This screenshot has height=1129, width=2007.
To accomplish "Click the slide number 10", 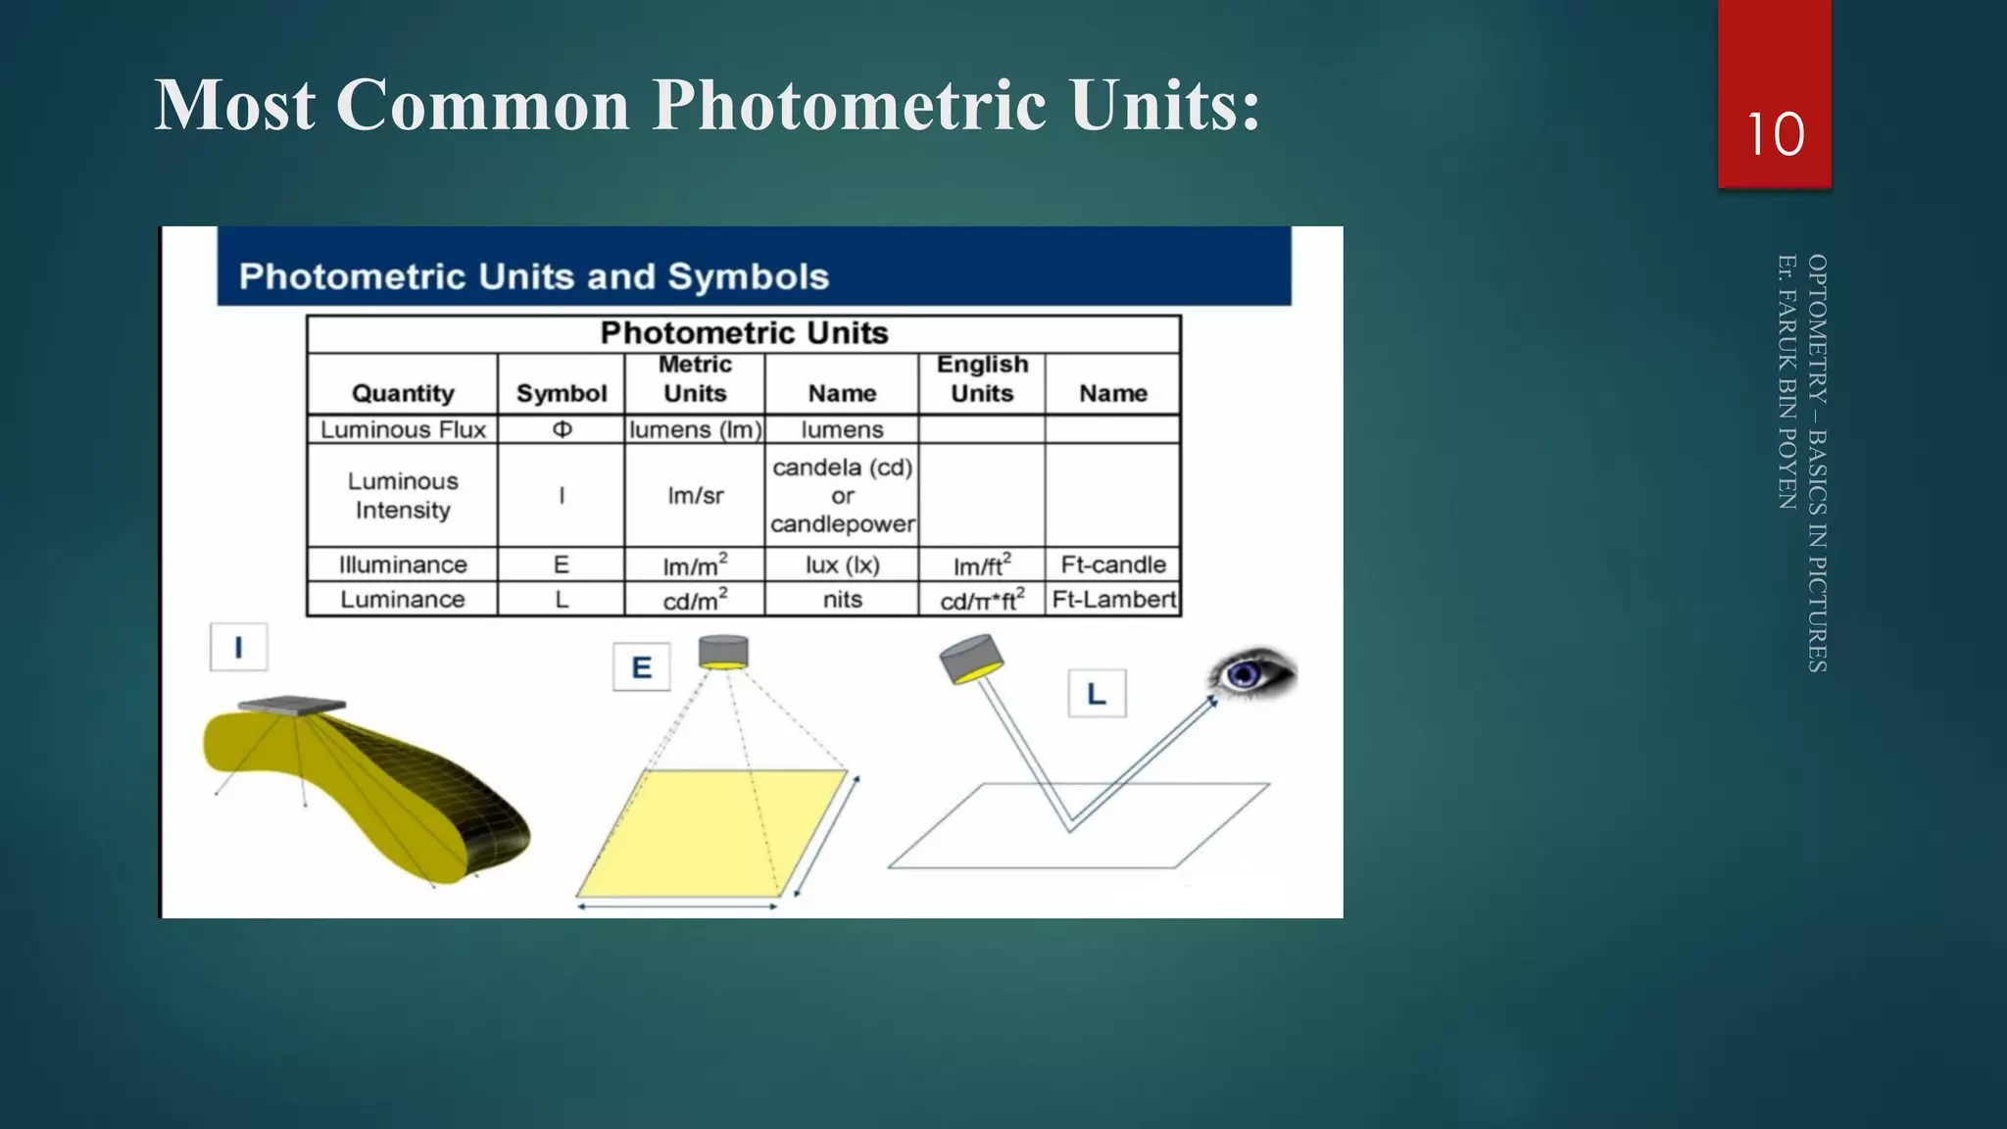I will click(1775, 134).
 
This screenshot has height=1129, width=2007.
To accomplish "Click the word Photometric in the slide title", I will click(849, 104).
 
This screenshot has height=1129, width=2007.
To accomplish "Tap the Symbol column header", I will click(562, 393).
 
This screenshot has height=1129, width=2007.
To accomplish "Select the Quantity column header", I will click(403, 393).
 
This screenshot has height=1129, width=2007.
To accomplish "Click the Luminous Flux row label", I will click(403, 429).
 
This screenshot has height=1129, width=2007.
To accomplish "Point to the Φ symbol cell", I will click(562, 429).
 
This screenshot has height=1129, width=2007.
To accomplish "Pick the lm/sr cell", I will click(696, 496).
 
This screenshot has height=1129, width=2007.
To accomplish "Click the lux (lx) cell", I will click(843, 564).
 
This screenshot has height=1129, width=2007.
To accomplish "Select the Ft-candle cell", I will click(1113, 564).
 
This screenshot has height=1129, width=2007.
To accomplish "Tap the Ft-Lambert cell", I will click(1113, 599).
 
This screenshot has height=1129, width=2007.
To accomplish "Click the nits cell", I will click(843, 599).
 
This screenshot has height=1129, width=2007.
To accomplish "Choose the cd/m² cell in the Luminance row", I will click(696, 599).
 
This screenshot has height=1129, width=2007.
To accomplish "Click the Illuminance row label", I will click(403, 564).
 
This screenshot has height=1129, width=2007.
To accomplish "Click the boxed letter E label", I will click(641, 667).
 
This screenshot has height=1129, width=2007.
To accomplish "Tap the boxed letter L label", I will click(1097, 694).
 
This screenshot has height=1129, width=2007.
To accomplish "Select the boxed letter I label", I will click(238, 647).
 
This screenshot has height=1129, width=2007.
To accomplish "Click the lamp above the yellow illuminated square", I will click(723, 652).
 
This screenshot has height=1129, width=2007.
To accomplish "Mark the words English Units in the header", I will click(982, 378).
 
